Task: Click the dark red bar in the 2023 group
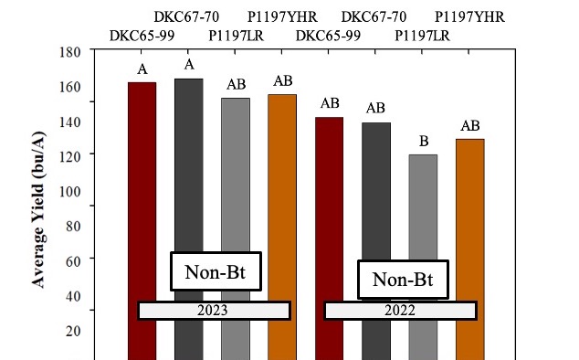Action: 142,183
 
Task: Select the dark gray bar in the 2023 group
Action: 189,183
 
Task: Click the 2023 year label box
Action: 214,311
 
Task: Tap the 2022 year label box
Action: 401,311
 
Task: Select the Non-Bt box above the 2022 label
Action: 402,281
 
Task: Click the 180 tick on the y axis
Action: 70,52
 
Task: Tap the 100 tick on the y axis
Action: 70,192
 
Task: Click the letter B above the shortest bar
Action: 423,141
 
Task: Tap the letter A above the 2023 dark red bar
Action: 142,69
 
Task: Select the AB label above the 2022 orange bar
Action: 470,125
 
